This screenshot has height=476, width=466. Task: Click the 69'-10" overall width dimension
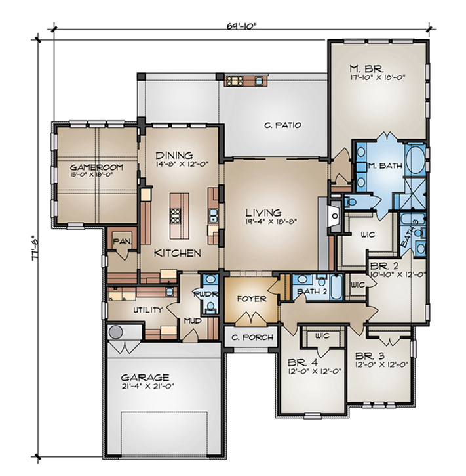tap(241, 26)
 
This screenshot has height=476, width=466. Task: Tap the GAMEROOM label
tap(96, 167)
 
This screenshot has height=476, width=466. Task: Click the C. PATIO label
tap(282, 125)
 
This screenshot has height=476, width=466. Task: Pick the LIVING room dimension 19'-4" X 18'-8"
tap(271, 221)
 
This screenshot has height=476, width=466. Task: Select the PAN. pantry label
tap(122, 242)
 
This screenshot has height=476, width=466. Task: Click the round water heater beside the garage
tap(116, 332)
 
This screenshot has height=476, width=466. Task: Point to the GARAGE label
tap(145, 378)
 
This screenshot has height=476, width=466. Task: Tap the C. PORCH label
tap(252, 337)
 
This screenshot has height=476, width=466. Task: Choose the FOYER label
tap(252, 299)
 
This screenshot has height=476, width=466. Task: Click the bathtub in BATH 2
tap(336, 287)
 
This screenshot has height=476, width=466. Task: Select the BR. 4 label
tap(303, 362)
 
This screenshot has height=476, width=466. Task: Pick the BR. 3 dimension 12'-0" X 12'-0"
tap(382, 364)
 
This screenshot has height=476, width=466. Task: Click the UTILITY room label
tap(148, 310)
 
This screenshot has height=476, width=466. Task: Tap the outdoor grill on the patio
tap(233, 81)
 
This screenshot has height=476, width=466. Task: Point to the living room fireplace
tap(335, 216)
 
